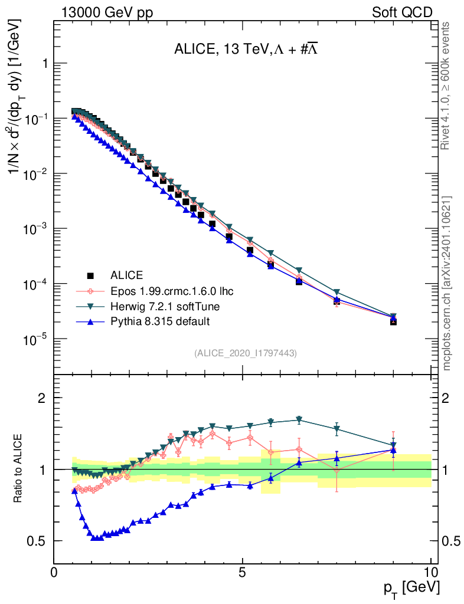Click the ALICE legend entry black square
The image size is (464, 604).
tap(90, 275)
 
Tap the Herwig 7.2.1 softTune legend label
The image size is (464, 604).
tap(159, 306)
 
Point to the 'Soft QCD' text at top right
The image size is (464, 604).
tap(402, 12)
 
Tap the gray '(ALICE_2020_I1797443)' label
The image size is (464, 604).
tap(245, 353)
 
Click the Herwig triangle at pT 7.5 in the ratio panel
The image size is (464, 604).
tap(336, 429)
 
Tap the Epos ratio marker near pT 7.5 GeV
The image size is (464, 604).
tap(336, 471)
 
